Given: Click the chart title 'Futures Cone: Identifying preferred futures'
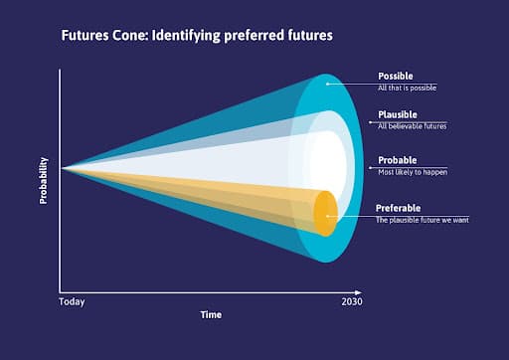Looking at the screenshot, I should (196, 36).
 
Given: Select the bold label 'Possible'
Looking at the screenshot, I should (395, 76).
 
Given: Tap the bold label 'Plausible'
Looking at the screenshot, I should (397, 113).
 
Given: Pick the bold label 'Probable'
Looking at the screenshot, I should (397, 160).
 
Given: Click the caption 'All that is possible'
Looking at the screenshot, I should (407, 88).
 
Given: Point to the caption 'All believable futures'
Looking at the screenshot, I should (412, 125).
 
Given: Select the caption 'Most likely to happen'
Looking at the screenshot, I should (413, 172).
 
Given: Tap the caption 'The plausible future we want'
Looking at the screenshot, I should (422, 219).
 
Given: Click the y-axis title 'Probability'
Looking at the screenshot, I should (44, 181).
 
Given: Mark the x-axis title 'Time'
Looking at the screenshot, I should (210, 314).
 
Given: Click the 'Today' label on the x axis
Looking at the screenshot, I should (72, 300).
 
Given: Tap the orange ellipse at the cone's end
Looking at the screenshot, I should (324, 213).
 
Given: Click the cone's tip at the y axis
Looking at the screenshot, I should (63, 168).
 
